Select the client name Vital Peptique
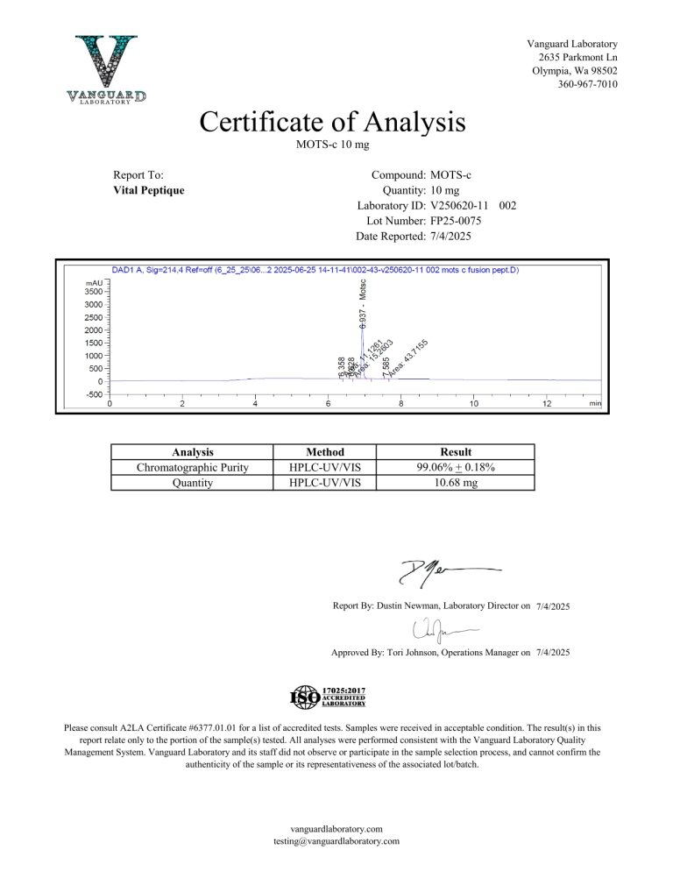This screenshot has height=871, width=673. pyautogui.click(x=149, y=190)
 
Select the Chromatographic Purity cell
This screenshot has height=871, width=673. pyautogui.click(x=193, y=467)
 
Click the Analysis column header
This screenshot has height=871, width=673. pyautogui.click(x=193, y=452)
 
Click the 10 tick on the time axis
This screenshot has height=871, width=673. pyautogui.click(x=473, y=403)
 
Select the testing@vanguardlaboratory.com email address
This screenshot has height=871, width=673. pyautogui.click(x=336, y=841)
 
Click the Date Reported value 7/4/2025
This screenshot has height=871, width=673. pyautogui.click(x=452, y=237)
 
